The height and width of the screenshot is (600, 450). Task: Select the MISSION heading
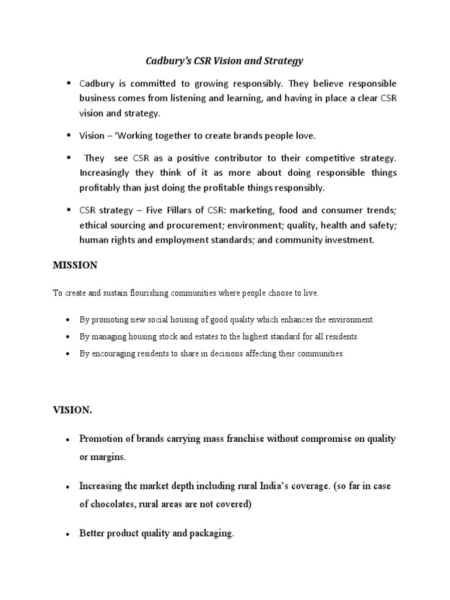point(76,265)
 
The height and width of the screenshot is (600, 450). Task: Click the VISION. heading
point(73,411)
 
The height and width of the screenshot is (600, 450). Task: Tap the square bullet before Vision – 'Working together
point(69,135)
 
